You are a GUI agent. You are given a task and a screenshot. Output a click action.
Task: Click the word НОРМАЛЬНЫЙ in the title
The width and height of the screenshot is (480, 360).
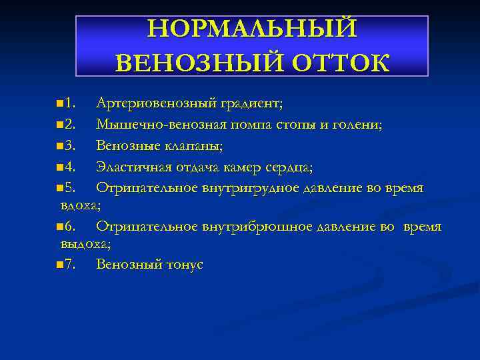click(252, 29)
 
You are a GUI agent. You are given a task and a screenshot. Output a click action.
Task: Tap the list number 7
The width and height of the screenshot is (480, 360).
click(71, 265)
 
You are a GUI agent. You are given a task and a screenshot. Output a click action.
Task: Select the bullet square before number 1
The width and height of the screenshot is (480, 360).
click(61, 104)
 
